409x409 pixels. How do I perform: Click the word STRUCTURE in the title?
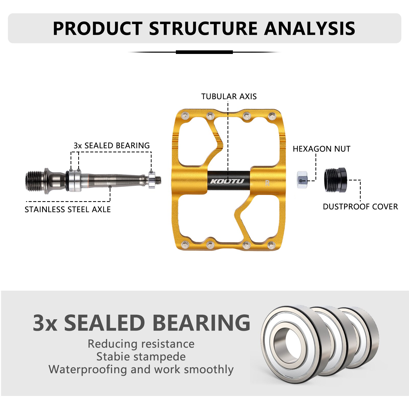point(203,28)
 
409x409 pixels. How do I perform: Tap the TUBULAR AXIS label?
point(229,96)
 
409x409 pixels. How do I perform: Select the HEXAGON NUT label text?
point(321,149)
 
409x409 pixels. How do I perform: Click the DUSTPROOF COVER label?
point(360,207)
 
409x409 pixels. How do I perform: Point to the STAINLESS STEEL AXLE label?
point(67,209)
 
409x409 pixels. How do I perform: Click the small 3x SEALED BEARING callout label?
point(111,145)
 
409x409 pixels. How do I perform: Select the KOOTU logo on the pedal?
point(227,181)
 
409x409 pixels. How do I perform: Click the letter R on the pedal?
point(267,183)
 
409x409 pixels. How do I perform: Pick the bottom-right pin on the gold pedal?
point(271,246)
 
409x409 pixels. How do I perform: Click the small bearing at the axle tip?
point(152,180)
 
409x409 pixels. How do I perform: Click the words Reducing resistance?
point(141,344)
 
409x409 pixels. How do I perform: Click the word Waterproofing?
point(88,369)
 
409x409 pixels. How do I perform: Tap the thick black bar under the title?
point(204,52)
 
